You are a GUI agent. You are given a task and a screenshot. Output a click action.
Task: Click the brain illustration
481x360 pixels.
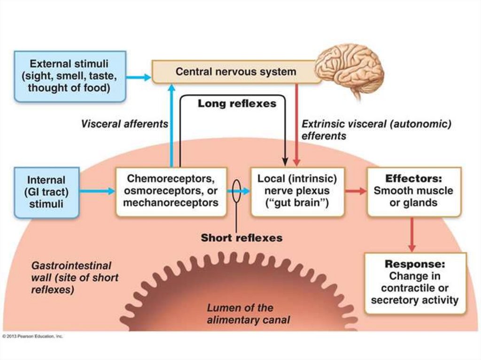pos(350,70)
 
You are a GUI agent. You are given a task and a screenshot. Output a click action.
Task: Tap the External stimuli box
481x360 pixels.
pos(70,76)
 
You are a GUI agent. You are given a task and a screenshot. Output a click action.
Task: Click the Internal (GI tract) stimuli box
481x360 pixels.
pos(46,192)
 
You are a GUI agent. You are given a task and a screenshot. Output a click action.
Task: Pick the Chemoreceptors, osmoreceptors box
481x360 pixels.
pos(171,191)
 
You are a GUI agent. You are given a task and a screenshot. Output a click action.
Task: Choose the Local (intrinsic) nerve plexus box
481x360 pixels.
pos(297,191)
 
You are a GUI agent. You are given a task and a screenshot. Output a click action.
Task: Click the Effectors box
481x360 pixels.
pos(413,191)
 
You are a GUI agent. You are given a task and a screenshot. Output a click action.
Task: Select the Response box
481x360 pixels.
pos(415,283)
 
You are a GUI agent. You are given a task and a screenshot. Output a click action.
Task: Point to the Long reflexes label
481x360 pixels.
pos(237,104)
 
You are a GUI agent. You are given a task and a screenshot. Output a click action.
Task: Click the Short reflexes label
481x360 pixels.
pos(241,238)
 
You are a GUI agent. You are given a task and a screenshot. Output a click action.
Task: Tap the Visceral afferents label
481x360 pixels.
pos(124,124)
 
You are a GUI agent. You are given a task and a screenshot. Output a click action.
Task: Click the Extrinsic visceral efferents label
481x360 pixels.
pos(376,130)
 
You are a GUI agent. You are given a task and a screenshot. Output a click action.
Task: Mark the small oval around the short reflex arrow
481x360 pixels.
pos(237,191)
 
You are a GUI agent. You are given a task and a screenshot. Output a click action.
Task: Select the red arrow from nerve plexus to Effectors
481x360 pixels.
pos(356,191)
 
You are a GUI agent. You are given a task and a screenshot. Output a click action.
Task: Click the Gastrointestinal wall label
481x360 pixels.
pos(75,277)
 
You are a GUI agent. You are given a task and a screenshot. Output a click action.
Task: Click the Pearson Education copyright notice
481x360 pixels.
pos(33,336)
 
